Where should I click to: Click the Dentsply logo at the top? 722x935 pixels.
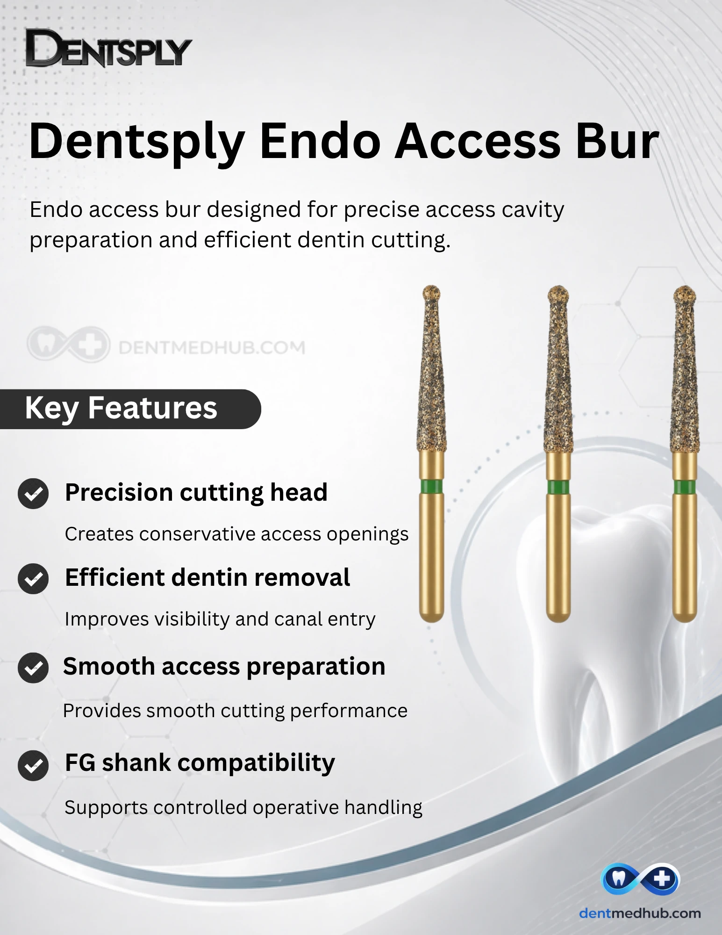point(108,48)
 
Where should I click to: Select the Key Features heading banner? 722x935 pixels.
point(130,409)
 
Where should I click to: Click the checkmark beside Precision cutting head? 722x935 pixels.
point(33,494)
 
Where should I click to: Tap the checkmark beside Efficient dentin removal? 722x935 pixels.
point(33,579)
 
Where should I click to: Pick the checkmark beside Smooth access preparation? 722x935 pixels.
point(33,668)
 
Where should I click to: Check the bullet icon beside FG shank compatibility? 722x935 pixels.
point(33,765)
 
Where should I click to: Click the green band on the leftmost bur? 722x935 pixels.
point(431,486)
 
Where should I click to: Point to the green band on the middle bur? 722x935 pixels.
point(558,487)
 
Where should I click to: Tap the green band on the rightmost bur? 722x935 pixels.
point(685,487)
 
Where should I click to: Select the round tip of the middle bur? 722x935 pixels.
point(558,294)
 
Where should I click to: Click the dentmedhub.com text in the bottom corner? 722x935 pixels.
point(640,913)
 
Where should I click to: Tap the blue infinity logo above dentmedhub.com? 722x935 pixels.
point(640,879)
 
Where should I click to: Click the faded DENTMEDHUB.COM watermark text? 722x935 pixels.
point(212,347)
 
